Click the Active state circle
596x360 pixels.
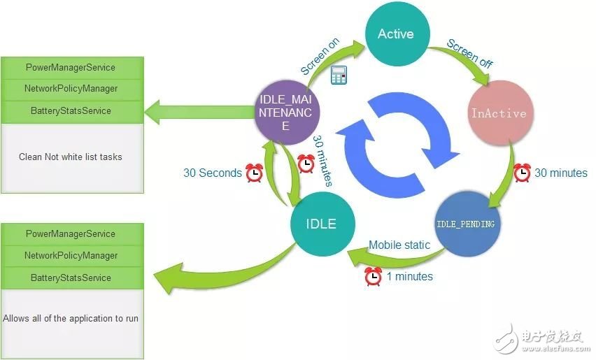[397, 34]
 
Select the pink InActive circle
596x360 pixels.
[499, 113]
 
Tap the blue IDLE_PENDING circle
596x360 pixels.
[467, 224]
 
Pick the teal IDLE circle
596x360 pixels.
[322, 224]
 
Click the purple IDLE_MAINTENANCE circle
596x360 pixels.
[286, 113]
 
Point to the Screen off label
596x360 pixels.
[470, 54]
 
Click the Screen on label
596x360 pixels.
[320, 56]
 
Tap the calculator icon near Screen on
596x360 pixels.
[339, 75]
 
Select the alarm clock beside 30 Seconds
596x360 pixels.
[255, 173]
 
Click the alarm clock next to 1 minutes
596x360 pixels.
[374, 276]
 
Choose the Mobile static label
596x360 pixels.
[399, 245]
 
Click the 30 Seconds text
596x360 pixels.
[213, 173]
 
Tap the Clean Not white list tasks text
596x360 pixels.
[71, 157]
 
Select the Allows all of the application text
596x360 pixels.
[71, 318]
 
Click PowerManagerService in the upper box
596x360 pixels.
[71, 68]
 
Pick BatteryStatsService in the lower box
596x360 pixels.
[71, 278]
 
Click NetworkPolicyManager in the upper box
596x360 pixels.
[71, 89]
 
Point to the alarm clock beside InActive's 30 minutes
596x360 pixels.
[523, 173]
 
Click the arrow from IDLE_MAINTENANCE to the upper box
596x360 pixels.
[199, 113]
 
